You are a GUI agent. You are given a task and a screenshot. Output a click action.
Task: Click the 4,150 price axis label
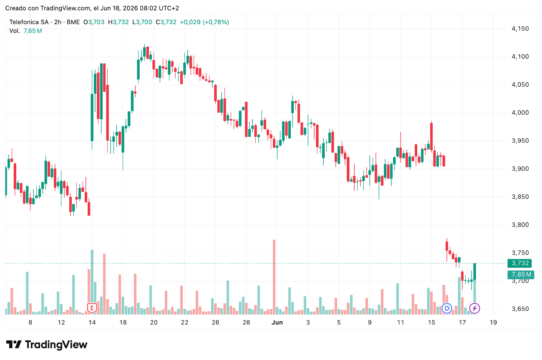[x=520, y=28]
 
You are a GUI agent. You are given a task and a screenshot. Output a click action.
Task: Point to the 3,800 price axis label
[x=520, y=225]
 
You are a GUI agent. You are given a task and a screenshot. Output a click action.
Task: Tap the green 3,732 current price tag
[x=519, y=263]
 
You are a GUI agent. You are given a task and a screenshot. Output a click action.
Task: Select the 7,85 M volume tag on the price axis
[x=521, y=274]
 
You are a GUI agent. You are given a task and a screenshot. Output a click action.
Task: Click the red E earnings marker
[x=92, y=308]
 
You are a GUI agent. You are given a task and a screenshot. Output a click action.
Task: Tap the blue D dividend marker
[x=447, y=308]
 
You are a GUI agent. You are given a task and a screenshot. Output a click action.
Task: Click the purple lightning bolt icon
[x=474, y=308]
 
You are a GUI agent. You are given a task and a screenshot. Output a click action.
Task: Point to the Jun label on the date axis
[x=277, y=322]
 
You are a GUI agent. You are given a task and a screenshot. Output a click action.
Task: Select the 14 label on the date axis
[x=92, y=322]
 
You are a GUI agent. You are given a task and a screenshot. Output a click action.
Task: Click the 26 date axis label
[x=215, y=322]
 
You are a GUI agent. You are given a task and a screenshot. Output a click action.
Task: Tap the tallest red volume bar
[x=274, y=277]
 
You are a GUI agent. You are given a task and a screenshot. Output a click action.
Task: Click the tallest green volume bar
[x=92, y=282]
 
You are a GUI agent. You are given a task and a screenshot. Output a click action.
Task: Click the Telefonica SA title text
[x=29, y=22]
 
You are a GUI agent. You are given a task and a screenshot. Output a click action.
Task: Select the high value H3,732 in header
[x=118, y=22]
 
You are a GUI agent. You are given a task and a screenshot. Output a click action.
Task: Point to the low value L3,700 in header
[x=142, y=22]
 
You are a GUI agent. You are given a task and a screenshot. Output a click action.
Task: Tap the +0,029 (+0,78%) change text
[x=204, y=22]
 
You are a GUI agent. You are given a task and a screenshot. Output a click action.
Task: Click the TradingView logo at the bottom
[x=47, y=345]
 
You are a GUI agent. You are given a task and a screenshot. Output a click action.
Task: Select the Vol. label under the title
[x=15, y=31]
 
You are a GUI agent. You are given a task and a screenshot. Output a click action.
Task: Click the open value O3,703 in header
[x=94, y=22]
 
